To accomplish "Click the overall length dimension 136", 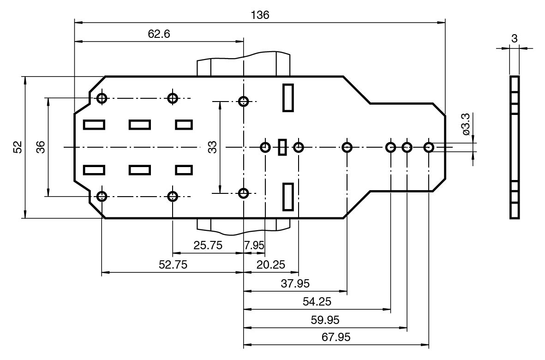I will coord(260,15).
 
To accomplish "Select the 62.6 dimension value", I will coord(159,35).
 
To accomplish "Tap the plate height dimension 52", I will coord(18,147).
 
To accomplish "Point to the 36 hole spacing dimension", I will coord(41,147).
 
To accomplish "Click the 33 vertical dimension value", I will coord(212,147).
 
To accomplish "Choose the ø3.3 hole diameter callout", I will coord(466,124).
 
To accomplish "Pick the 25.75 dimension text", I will coord(208,245).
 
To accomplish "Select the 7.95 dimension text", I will coord(254,245).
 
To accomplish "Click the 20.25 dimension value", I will coord(271,264).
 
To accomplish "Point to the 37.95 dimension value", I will coord(295,283).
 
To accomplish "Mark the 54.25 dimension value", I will coord(317,302).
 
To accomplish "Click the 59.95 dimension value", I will coord(326,320).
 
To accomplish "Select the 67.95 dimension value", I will coord(336,337).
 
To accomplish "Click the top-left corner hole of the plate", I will coord(102,98).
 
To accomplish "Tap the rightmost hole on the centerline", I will coord(429,147).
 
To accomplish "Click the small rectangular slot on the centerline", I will coord(282,147).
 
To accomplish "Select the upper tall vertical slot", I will coord(288,97).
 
